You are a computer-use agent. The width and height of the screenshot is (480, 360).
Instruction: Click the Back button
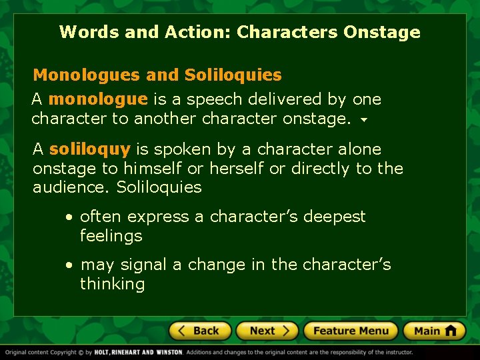coord(199,331)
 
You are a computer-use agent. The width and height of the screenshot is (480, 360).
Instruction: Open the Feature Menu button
coord(351,331)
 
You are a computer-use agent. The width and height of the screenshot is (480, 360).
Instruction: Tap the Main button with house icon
coord(434,331)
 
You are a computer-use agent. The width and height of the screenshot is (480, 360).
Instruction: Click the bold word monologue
coord(98,99)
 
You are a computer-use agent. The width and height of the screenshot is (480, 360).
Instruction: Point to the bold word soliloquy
coord(89,149)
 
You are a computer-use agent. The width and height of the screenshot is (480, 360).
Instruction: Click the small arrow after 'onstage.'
coord(364,121)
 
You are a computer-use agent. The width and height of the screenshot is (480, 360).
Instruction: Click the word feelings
coord(111,236)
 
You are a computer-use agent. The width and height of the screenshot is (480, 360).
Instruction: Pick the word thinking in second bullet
coord(112,284)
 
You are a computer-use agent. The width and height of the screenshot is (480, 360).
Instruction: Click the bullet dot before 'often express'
coord(69,217)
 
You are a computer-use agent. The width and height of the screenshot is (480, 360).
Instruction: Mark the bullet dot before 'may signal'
coord(69,265)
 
